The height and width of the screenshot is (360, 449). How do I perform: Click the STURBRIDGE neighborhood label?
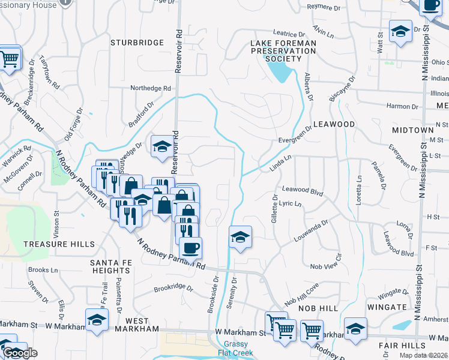[137, 43]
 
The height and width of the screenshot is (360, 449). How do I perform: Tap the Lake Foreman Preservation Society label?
[283, 51]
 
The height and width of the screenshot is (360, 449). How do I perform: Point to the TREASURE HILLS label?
[59, 244]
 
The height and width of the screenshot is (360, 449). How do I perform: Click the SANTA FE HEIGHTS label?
[110, 267]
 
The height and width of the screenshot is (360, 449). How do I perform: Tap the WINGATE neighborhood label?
[387, 307]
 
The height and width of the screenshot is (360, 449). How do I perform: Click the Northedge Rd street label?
[151, 88]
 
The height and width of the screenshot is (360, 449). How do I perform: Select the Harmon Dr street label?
[402, 106]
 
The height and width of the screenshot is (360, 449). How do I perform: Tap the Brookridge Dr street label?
[173, 288]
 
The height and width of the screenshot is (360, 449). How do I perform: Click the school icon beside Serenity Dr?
[240, 238]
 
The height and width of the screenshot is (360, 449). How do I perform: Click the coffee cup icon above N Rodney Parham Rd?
[191, 247]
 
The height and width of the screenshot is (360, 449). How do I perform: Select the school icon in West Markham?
[97, 319]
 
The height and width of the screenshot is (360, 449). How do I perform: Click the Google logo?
[20, 353]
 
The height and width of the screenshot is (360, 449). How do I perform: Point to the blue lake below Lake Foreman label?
[280, 72]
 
